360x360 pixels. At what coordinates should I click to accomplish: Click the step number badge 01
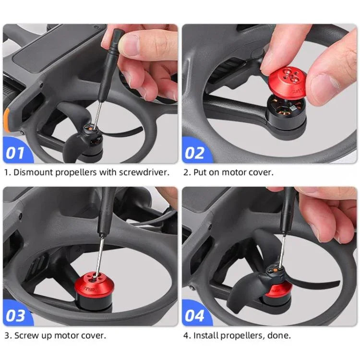[x=16, y=153]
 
